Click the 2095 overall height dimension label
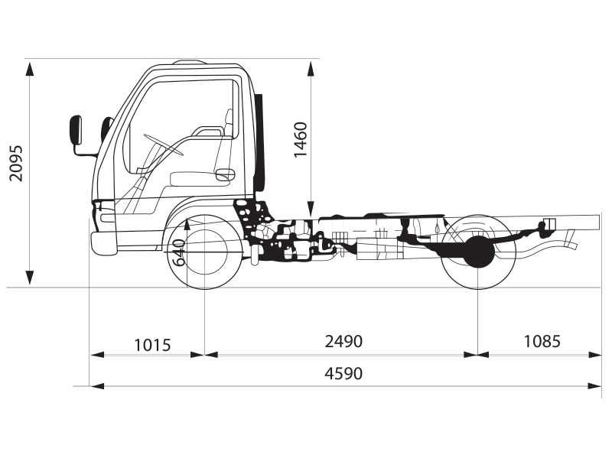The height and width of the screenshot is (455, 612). (16, 163)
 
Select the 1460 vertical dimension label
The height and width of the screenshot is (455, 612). (301, 139)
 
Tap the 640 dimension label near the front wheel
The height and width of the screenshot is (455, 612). (180, 252)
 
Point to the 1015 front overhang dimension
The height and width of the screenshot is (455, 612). (152, 344)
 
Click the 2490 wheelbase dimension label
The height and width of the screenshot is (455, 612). (343, 341)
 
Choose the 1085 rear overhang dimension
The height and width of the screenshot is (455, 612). (542, 341)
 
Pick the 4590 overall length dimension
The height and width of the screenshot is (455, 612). (343, 374)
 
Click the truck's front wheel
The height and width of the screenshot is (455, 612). (203, 251)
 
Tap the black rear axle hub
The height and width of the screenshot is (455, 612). (479, 251)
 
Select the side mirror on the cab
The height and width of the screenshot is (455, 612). (76, 130)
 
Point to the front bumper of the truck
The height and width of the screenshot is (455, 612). (103, 242)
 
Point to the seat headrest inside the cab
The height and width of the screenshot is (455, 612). (229, 117)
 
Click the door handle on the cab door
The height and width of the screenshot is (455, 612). (224, 175)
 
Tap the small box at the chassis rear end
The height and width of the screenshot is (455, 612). (548, 224)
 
